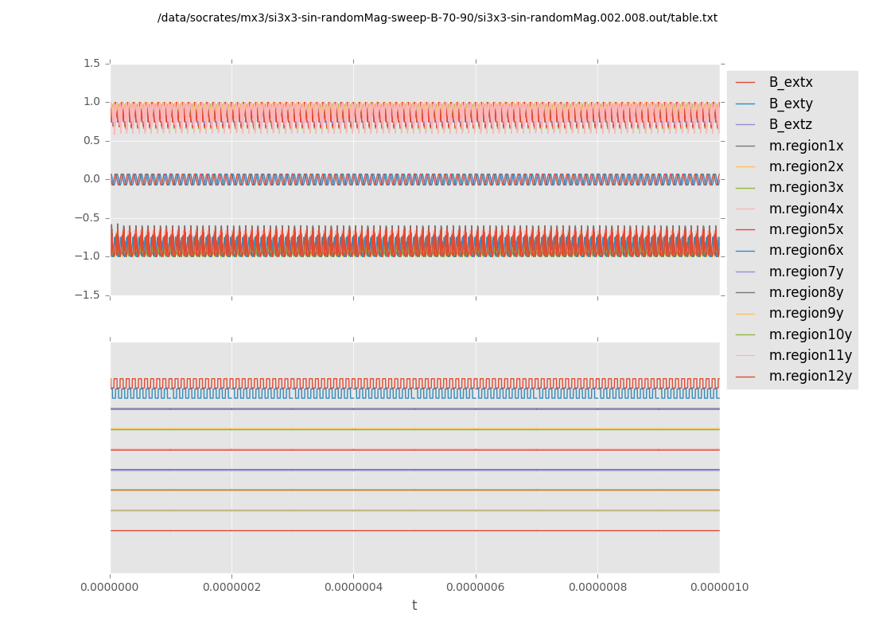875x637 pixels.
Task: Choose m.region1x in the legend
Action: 806,146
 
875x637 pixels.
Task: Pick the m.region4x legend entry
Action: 806,209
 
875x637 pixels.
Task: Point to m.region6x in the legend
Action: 806,250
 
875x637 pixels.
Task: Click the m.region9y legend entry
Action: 806,313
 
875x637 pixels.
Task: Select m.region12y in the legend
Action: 810,376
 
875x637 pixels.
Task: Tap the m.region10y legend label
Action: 810,334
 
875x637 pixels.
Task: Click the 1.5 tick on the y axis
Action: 91,63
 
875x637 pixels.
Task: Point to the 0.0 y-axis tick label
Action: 91,178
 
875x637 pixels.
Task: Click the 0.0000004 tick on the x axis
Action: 353,587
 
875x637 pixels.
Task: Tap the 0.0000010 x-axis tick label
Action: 719,587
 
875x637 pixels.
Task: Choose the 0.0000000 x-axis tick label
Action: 110,587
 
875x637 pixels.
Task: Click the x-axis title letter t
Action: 414,606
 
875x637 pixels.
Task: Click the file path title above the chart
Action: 437,18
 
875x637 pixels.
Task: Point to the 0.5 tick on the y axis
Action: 91,140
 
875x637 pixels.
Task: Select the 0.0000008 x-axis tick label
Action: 597,587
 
